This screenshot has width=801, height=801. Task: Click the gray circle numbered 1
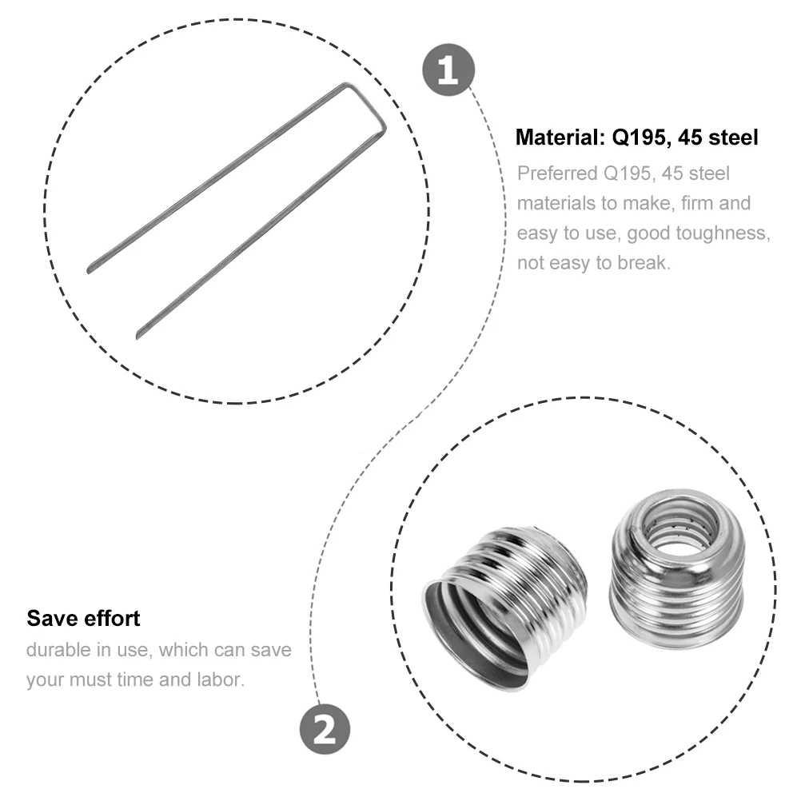coord(448,70)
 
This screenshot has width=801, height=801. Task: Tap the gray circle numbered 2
coord(325,729)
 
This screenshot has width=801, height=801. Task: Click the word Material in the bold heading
coord(560,137)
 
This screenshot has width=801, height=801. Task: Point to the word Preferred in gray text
coord(557,173)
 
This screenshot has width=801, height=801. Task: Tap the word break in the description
coord(644,262)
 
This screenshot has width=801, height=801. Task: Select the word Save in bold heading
coord(51,618)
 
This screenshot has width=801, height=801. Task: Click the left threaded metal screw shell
coord(504,608)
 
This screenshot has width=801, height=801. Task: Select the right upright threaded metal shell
coord(677,570)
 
